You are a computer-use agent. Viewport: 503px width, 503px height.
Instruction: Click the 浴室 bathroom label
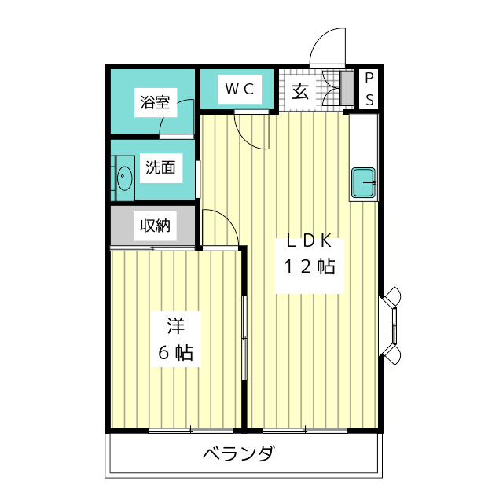[x=156, y=102]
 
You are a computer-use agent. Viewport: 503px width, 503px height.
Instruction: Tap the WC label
[x=239, y=89]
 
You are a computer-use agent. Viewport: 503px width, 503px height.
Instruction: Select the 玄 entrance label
[x=300, y=90]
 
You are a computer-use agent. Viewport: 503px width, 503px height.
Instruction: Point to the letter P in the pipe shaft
[x=369, y=79]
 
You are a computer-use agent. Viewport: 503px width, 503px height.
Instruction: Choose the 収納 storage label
[x=155, y=226]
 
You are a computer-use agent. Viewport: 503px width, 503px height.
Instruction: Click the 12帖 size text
[x=309, y=266]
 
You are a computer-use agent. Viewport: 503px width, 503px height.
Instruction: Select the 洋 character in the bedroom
[x=174, y=324]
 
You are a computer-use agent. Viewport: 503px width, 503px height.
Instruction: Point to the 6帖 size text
[x=174, y=353]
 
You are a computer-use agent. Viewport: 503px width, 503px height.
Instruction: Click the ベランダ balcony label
[x=238, y=454]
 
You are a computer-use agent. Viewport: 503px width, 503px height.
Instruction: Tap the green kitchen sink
[x=364, y=183]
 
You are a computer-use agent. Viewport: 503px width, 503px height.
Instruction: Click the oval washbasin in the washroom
[x=124, y=179]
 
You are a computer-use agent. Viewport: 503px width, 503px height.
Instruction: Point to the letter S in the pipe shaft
[x=369, y=100]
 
